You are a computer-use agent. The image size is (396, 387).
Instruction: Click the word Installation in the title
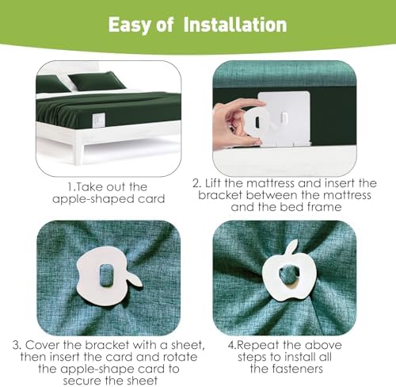[235, 25]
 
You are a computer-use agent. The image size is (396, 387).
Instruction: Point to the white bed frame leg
[79, 150]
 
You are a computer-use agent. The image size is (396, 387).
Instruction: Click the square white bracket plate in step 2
[284, 118]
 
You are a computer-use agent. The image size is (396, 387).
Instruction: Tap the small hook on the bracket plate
[284, 118]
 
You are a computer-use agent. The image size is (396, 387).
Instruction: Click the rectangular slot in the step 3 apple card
[105, 275]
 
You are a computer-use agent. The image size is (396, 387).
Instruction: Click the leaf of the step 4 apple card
[292, 248]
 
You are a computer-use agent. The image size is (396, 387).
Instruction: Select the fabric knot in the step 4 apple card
[288, 275]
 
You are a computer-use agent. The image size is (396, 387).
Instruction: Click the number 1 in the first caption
[70, 187]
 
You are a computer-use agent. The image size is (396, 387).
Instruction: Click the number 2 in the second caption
[196, 183]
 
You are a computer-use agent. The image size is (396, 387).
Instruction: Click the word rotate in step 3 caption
[180, 357]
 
